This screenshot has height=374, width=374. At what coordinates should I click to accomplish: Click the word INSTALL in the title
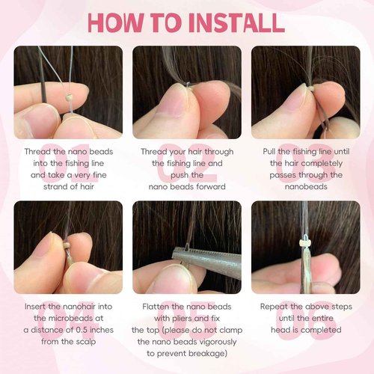click(x=236, y=22)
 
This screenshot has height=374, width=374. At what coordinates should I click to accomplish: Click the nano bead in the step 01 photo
click(x=69, y=98)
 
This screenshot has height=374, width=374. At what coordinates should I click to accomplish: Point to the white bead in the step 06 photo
click(x=304, y=242)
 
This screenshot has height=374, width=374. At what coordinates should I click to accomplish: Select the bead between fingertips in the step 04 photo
click(x=67, y=246)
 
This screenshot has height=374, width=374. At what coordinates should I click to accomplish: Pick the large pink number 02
click(x=186, y=162)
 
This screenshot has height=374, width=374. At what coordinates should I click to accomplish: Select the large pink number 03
click(x=305, y=162)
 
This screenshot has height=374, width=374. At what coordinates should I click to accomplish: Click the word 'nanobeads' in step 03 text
click(x=306, y=187)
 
